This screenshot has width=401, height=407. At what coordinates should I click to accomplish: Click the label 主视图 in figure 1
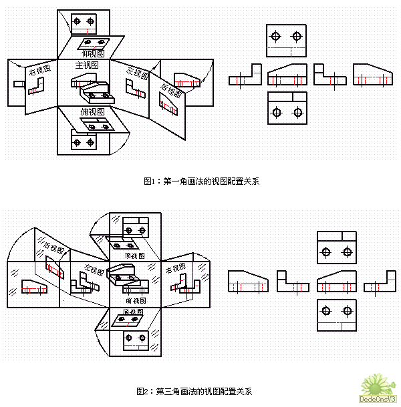(x=87, y=65)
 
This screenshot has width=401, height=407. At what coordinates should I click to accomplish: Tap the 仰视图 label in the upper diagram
(x=92, y=53)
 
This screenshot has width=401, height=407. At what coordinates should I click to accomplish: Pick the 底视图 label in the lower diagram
(x=134, y=312)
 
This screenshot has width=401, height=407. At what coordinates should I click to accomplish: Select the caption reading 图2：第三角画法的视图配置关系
(x=194, y=390)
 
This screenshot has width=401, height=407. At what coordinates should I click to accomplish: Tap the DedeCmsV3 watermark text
(x=378, y=399)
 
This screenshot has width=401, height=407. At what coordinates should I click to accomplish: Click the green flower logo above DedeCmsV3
(x=376, y=383)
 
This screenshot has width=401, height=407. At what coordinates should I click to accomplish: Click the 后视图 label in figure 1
(x=171, y=89)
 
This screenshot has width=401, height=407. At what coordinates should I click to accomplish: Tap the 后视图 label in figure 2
(x=52, y=248)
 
